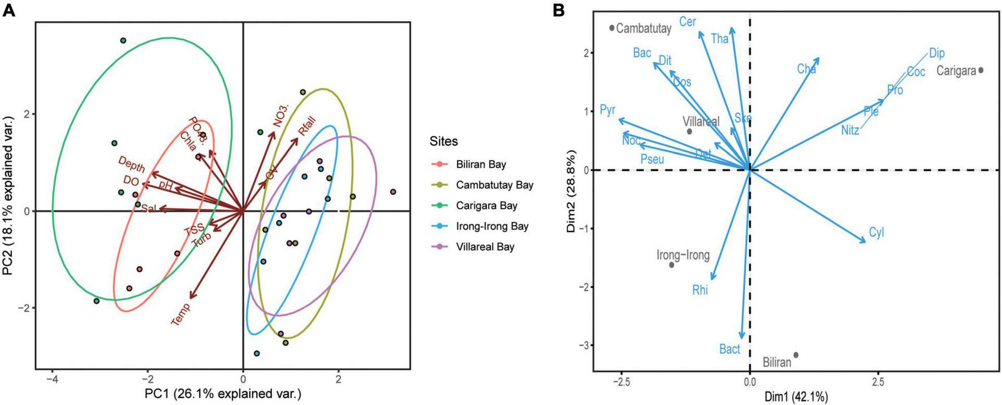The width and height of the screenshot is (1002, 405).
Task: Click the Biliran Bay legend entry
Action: tap(481, 165)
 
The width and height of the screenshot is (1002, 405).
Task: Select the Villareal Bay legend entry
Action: tap(485, 247)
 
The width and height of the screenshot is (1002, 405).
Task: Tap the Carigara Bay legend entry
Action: tap(486, 206)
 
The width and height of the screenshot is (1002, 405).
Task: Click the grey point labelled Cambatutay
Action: tap(612, 28)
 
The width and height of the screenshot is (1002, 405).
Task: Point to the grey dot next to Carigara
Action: tap(981, 70)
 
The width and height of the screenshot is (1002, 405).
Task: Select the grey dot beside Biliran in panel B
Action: tap(796, 355)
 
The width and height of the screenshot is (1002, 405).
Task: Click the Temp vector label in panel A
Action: tap(181, 314)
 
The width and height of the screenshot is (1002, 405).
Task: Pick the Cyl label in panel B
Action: tap(876, 232)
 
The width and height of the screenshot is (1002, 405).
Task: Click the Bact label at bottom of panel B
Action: tap(729, 349)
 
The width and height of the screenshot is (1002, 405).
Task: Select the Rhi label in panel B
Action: tap(700, 290)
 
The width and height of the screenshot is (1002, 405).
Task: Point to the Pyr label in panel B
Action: tap(607, 110)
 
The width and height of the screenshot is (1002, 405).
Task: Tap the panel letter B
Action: tap(559, 10)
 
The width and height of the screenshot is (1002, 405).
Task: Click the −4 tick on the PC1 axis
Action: tap(52, 378)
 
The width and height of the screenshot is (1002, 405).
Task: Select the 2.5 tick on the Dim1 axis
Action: tap(878, 382)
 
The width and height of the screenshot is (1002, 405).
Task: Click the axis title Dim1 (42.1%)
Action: tap(796, 397)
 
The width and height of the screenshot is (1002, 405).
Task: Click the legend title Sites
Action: tap(444, 141)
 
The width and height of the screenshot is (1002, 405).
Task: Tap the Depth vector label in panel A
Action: tap(131, 165)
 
